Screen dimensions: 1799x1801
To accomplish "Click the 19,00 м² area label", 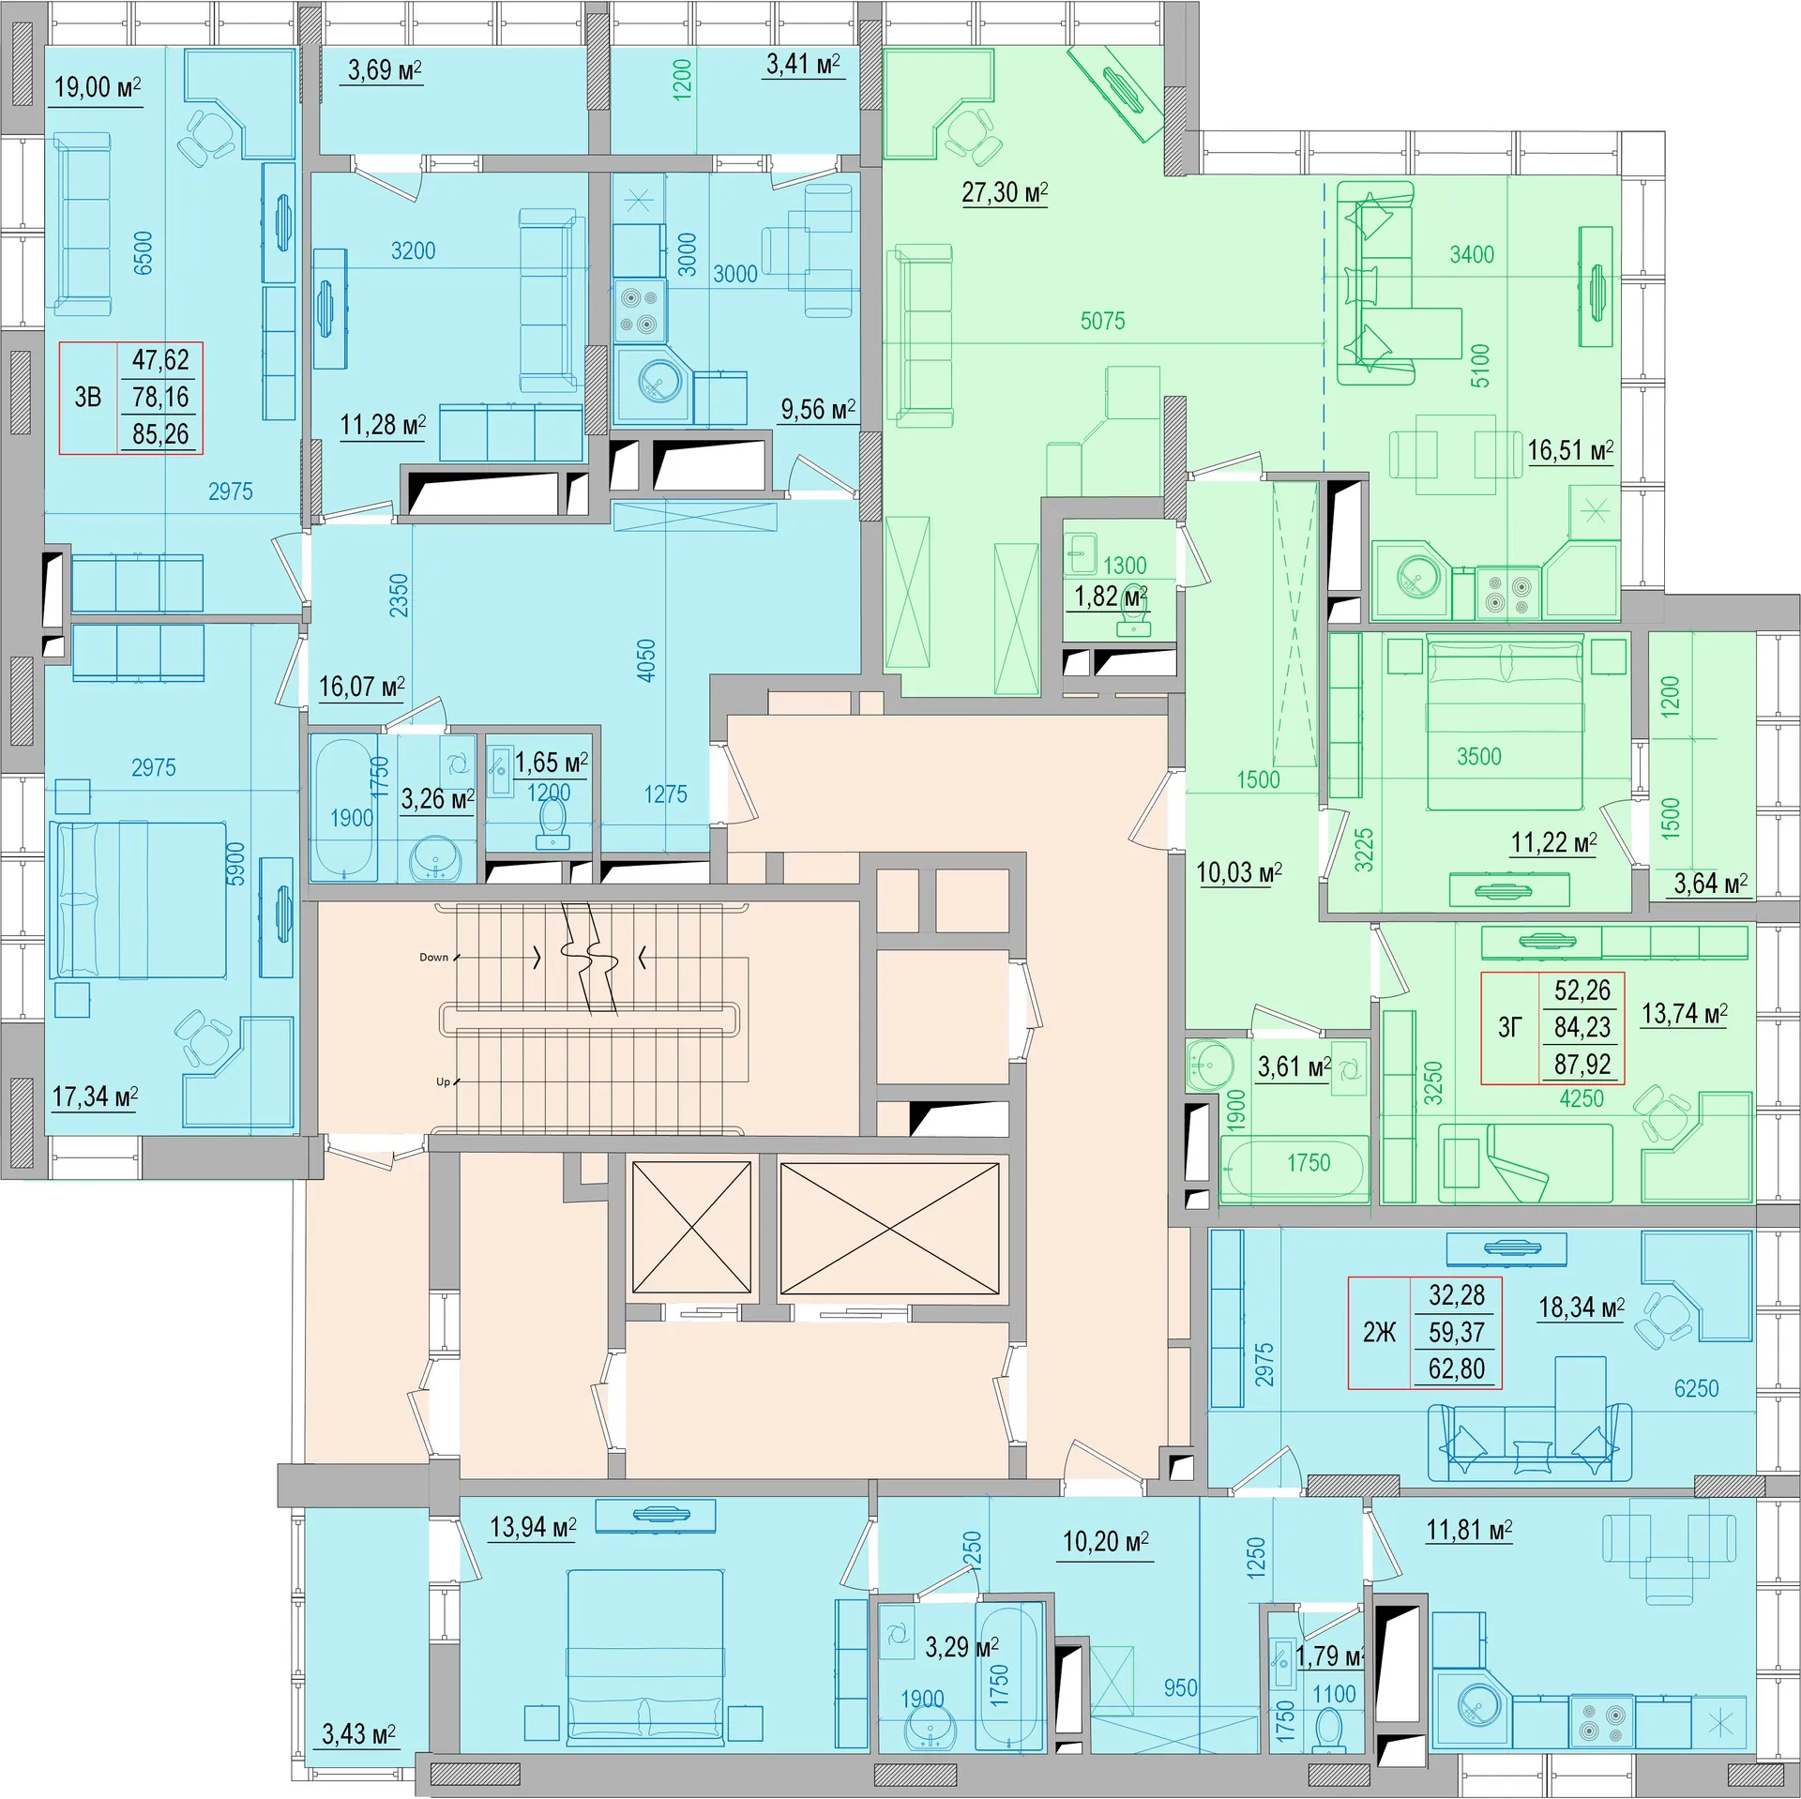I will tap(97, 88).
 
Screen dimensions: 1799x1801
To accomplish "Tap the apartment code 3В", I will tap(88, 398).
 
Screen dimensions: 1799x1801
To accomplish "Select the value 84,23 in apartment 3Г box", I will tap(1582, 1028).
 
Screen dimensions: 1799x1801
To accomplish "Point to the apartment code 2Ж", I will tap(1379, 1333).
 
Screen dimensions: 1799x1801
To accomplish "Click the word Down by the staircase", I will tap(433, 958).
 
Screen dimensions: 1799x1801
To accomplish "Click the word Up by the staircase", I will tap(443, 1081).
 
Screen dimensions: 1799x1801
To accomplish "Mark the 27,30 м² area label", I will tap(1004, 193).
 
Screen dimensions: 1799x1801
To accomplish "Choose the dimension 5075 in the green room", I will tap(1102, 322).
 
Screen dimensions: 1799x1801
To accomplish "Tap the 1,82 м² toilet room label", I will tap(1110, 597).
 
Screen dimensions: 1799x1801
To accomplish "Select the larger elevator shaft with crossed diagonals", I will tap(889, 1229).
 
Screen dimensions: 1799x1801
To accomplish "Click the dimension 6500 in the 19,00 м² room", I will tap(143, 253).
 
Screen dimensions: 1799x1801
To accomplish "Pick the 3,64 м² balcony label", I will tap(1710, 884).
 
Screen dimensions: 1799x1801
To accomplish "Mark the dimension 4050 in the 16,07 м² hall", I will tap(645, 660).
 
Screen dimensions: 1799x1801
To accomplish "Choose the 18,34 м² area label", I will tap(1581, 1308).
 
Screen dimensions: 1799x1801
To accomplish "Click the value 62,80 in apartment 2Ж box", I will tap(1456, 1369).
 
